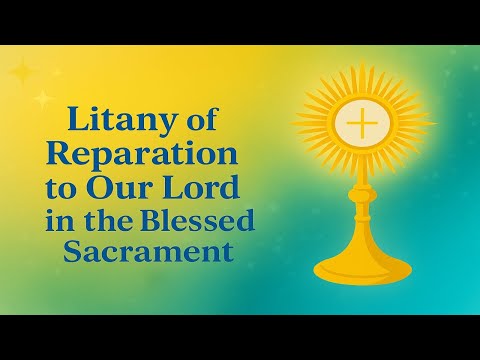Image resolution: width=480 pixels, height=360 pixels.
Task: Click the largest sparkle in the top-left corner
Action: (20, 72)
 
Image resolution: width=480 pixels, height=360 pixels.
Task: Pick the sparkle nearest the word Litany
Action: (43, 99)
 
